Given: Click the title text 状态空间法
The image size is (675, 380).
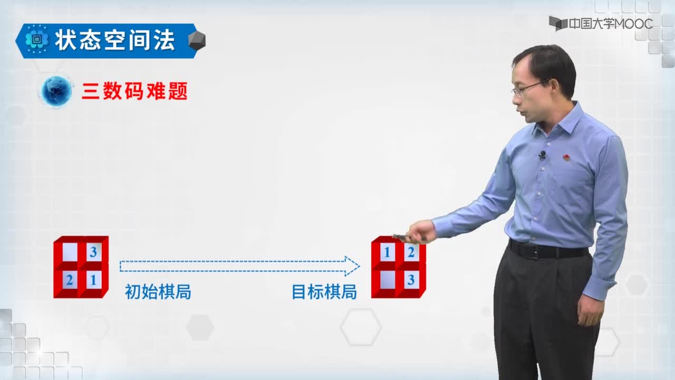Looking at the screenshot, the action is pos(115,40).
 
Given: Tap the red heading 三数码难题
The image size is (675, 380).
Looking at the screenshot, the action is pos(134,91).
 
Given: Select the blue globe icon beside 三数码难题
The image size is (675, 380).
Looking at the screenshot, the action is pos(56,91).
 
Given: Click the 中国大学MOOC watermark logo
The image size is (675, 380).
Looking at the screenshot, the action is pos(601,24).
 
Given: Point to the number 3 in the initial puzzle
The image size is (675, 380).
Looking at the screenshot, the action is pos(93,252).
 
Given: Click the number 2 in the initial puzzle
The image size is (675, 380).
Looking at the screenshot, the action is pos(70,280).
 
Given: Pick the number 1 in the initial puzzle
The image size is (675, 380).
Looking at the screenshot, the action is pos(93,280).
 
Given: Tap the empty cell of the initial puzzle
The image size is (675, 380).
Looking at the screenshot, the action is pos(70,252).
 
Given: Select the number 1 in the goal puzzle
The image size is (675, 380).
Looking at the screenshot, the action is pos(387,252).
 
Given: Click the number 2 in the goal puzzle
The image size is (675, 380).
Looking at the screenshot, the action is pos(411,252).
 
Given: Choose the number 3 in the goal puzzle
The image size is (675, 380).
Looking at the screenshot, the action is pos(411,280).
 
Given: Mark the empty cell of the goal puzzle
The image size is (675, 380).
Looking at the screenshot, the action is pos(388,280).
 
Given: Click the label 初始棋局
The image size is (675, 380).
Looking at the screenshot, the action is pos(158,292).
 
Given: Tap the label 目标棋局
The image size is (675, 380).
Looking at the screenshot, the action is pos(324,292).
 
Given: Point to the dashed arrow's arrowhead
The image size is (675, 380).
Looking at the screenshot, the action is pos(352,267).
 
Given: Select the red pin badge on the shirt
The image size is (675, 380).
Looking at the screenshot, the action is pos(566,157).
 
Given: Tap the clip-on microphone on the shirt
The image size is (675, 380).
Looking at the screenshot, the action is pos(542,155).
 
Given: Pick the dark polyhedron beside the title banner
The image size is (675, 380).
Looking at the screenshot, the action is pos(197,41).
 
